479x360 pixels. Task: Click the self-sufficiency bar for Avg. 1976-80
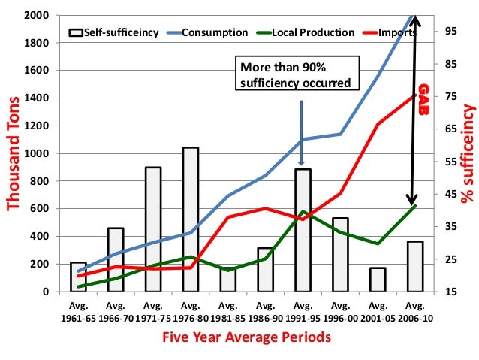pyautogui.click(x=191, y=219)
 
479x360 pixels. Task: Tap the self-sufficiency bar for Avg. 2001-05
pyautogui.click(x=378, y=279)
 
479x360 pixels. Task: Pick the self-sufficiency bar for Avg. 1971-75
pyautogui.click(x=153, y=228)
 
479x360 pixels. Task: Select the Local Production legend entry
pyautogui.click(x=315, y=32)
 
